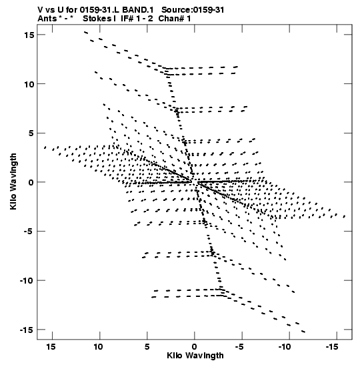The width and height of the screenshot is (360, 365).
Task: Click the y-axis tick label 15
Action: tap(29, 35)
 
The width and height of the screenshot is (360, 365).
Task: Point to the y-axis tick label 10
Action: tap(29, 84)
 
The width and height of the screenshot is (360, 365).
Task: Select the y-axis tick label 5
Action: tap(31, 133)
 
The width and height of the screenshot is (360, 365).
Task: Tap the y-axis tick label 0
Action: tap(31, 183)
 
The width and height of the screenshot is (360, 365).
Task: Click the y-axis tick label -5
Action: tap(29, 232)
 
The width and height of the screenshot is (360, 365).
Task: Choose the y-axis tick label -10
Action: tap(27, 281)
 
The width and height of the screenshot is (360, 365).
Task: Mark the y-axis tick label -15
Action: tap(27, 330)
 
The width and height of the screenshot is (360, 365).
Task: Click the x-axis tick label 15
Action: tap(51, 347)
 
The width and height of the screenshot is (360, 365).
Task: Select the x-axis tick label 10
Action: tap(99, 347)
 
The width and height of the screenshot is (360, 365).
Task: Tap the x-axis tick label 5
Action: tap(147, 347)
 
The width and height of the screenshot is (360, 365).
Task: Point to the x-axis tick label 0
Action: tap(195, 347)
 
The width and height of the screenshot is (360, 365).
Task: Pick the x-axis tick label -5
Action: tap(240, 347)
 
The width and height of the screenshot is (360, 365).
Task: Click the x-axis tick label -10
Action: tap(285, 347)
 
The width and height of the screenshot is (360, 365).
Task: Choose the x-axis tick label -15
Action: tap(332, 347)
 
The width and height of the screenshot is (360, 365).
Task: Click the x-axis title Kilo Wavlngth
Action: tap(195, 356)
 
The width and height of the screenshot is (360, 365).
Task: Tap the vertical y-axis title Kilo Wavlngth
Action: tap(13, 181)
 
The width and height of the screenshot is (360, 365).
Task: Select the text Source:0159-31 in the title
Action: tap(193, 10)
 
